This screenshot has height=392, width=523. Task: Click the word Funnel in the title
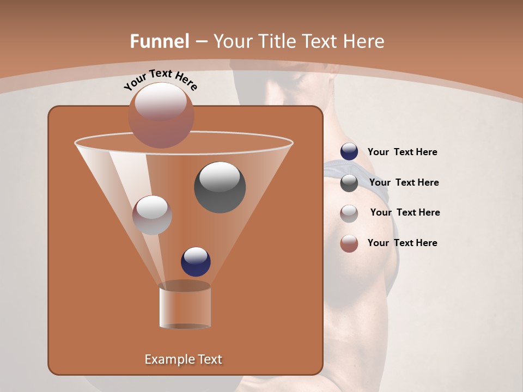tap(160, 41)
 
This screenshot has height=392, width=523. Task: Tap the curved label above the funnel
tap(161, 79)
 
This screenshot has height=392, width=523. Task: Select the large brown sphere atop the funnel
tap(161, 115)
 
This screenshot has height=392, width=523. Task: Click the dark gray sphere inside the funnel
tap(220, 187)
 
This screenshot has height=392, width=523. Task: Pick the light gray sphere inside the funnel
tap(152, 215)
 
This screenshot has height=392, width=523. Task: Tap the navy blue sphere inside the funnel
tap(196, 261)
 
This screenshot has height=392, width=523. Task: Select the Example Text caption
tap(184, 359)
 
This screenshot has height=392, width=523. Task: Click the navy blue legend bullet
tap(349, 152)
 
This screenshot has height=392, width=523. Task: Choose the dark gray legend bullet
tap(349, 183)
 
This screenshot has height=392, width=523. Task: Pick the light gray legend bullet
tap(349, 213)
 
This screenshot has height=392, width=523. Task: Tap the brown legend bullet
tap(349, 243)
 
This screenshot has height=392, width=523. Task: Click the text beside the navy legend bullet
tap(402, 152)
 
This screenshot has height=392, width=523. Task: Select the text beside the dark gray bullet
tap(404, 183)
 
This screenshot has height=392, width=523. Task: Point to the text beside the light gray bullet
tap(405, 213)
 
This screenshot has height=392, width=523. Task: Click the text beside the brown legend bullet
tap(402, 243)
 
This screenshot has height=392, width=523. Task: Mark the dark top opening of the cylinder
tap(185, 286)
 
